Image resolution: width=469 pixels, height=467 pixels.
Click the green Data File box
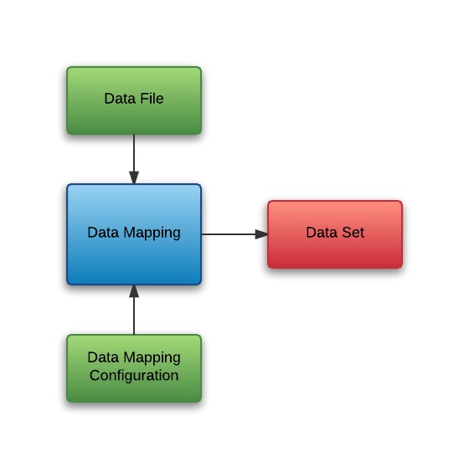(134, 100)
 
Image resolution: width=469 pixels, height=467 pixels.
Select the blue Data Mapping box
(134, 234)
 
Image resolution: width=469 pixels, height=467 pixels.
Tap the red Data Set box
(335, 234)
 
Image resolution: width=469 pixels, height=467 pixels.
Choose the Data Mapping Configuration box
(134, 368)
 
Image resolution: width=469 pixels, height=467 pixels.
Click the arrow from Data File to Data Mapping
(134, 159)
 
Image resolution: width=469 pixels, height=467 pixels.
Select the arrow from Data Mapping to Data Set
(234, 234)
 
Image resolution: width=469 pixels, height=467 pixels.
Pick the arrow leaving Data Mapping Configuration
(134, 310)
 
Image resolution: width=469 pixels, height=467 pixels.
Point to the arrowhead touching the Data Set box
(261, 234)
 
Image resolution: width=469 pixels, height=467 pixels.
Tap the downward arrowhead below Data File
(134, 177)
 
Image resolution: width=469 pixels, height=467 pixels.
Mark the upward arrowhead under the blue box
(134, 291)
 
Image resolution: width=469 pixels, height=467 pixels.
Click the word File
(152, 99)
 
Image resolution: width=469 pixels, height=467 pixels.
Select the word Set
(353, 233)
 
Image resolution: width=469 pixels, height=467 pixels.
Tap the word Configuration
(134, 376)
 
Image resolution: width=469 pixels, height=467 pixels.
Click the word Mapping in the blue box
(152, 233)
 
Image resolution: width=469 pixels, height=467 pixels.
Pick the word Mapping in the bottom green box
(152, 358)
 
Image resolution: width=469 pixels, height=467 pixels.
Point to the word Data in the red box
(322, 233)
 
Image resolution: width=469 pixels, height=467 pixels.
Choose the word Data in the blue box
(103, 233)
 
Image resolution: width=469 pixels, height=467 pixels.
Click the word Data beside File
(120, 99)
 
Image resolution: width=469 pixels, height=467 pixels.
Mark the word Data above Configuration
(103, 357)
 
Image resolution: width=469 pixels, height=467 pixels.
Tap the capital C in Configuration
(95, 375)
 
